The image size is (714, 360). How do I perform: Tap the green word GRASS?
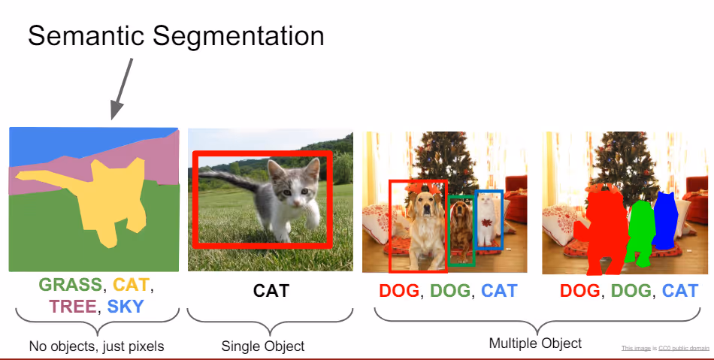70,285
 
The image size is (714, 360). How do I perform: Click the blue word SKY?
126,306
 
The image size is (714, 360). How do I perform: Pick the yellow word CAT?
132,285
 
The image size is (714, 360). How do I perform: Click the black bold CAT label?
271,291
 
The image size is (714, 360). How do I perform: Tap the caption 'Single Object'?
263,346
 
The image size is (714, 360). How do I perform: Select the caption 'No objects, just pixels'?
96,346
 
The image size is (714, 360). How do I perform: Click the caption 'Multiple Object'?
535,343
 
